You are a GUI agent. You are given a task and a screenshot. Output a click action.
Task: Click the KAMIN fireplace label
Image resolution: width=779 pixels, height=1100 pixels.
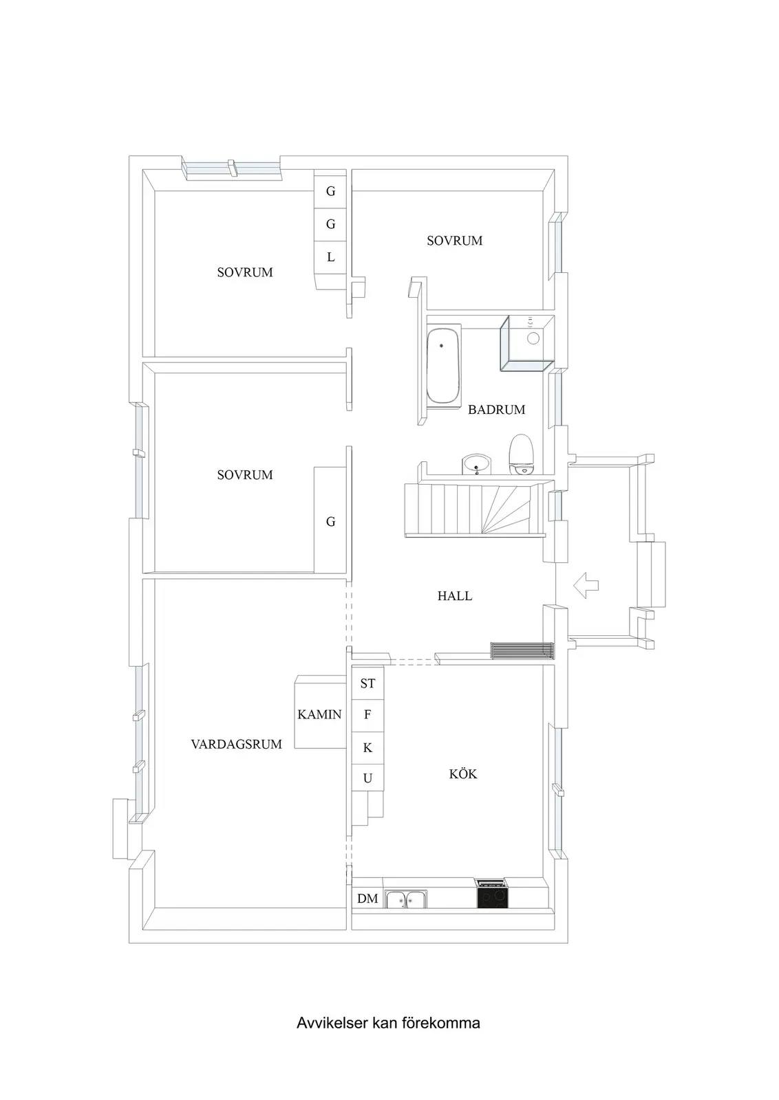(319, 714)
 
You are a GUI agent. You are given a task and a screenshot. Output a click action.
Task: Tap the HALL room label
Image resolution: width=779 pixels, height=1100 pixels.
(455, 596)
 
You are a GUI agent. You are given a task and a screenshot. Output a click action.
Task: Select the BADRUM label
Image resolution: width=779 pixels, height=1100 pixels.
(496, 410)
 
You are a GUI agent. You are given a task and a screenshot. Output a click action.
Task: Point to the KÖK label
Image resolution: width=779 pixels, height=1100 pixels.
(463, 774)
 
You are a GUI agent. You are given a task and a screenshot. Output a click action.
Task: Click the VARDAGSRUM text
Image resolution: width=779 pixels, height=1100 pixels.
(237, 744)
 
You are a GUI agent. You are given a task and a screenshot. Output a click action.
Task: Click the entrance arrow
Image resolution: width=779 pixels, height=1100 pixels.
(586, 585)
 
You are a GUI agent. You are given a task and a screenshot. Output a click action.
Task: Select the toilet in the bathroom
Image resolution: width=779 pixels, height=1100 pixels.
(521, 454)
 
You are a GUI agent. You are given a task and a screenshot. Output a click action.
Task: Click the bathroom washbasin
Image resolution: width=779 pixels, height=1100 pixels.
(476, 464)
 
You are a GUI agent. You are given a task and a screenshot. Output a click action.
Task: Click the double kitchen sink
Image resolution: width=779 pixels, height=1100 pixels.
(406, 899)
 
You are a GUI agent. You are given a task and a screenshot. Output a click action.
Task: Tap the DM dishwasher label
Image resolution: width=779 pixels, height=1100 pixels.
(367, 899)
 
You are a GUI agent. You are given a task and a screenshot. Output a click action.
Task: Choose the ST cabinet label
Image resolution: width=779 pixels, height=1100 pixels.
(367, 683)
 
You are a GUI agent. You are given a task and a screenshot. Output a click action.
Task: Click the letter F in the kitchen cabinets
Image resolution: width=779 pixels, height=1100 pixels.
(367, 715)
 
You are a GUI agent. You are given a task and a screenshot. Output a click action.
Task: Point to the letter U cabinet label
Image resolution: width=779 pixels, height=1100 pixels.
(367, 778)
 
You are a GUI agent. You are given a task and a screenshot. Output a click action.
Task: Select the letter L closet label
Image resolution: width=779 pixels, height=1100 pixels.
(331, 257)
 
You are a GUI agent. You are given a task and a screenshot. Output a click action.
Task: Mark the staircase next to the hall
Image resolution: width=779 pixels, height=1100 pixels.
(474, 509)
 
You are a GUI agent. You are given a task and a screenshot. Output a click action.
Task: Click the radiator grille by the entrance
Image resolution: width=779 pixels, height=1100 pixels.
(522, 650)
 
